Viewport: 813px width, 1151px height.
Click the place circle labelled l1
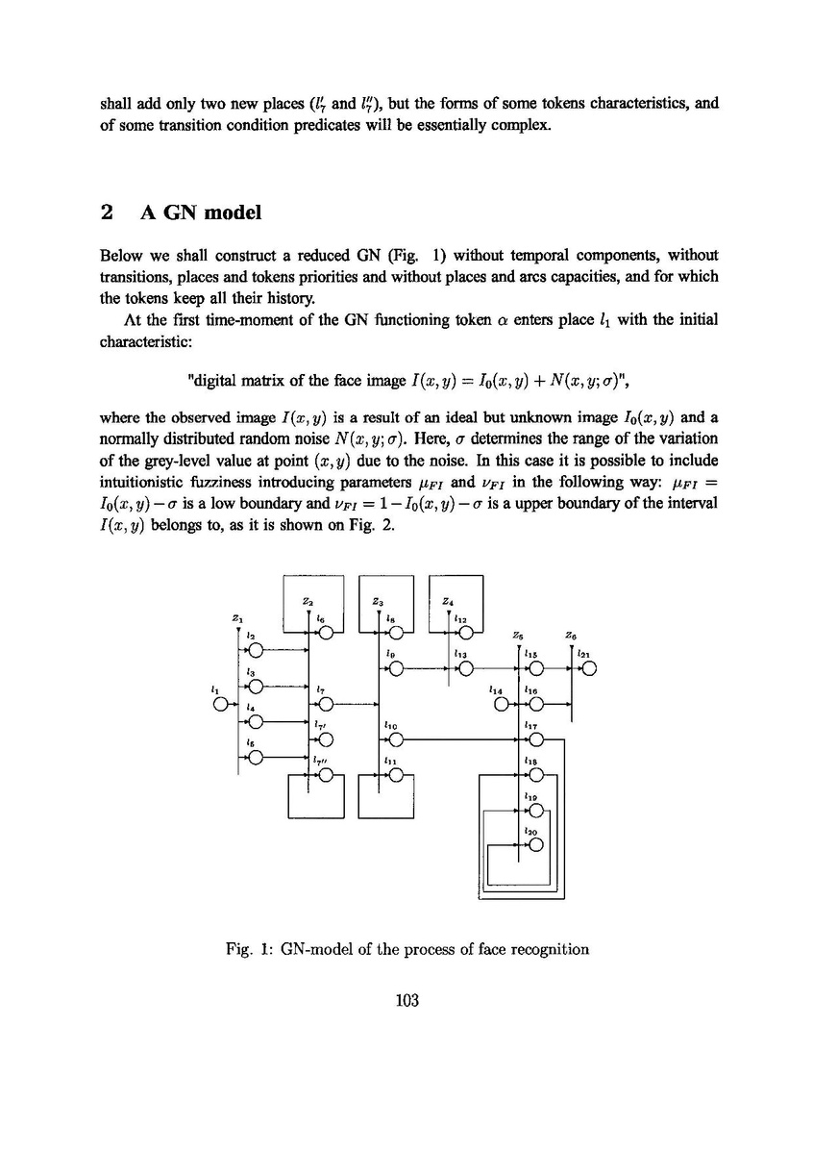click(222, 704)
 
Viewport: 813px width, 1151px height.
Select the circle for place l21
click(589, 669)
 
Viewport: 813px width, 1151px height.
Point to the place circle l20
click(536, 845)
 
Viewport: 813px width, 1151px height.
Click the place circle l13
click(465, 669)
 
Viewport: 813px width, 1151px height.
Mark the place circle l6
click(326, 634)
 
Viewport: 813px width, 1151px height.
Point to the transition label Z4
click(448, 601)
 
